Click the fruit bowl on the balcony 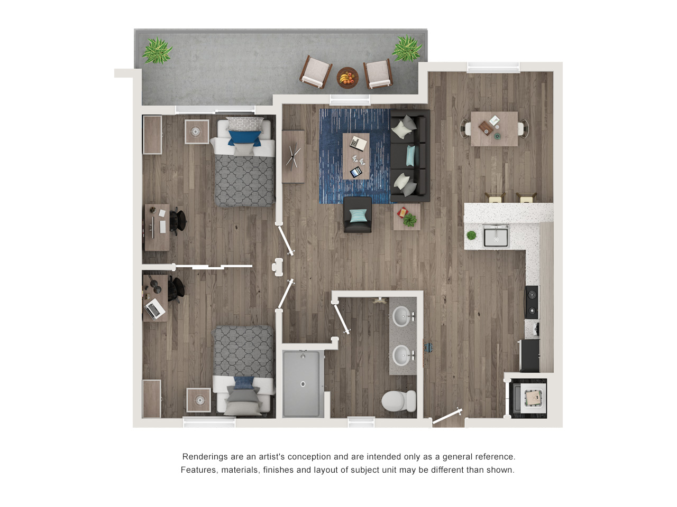point(347,78)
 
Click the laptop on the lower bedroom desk point(155,308)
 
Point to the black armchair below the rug point(358,215)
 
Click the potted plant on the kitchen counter point(471,235)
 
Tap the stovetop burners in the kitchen point(532,303)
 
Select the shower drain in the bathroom point(303,384)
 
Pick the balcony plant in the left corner point(157,51)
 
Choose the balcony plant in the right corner point(407,49)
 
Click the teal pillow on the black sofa point(410,156)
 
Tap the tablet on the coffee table point(356,172)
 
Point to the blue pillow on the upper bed point(244,138)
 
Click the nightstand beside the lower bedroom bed point(199,400)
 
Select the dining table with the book point(494,128)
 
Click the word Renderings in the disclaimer point(204,457)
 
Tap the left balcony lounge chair point(316,72)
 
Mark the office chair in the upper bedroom point(178,220)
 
